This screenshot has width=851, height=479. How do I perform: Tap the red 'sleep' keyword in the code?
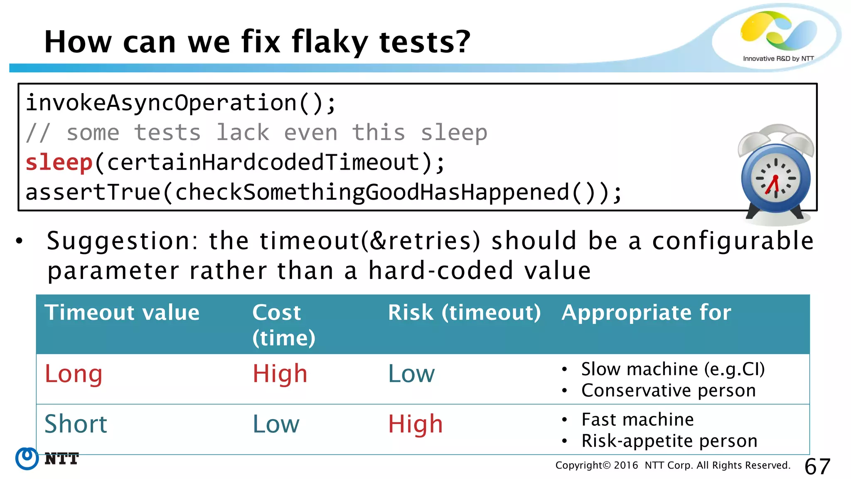pyautogui.click(x=59, y=163)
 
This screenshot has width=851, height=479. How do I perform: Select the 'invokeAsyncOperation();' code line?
pyautogui.click(x=181, y=103)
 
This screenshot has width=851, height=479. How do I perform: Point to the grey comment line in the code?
pyautogui.click(x=256, y=133)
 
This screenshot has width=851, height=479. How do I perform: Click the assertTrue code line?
pyautogui.click(x=324, y=193)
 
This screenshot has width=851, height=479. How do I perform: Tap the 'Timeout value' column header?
pyautogui.click(x=122, y=313)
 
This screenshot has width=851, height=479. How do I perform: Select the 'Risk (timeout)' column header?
pyautogui.click(x=464, y=313)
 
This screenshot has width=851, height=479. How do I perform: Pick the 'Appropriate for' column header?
pyautogui.click(x=646, y=313)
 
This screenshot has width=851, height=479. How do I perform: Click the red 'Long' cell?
pyautogui.click(x=74, y=374)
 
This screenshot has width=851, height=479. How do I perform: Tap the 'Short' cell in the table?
pyautogui.click(x=76, y=424)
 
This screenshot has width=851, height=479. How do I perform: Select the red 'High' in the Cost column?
pyautogui.click(x=280, y=374)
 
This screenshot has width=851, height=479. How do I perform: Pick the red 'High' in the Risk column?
pyautogui.click(x=415, y=424)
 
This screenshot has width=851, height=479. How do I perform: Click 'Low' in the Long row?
pyautogui.click(x=411, y=374)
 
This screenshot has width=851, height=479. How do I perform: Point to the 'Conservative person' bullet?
pyautogui.click(x=668, y=390)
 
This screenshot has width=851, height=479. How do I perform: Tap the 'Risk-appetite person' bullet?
pyautogui.click(x=669, y=441)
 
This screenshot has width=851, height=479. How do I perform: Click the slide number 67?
pyautogui.click(x=817, y=467)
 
